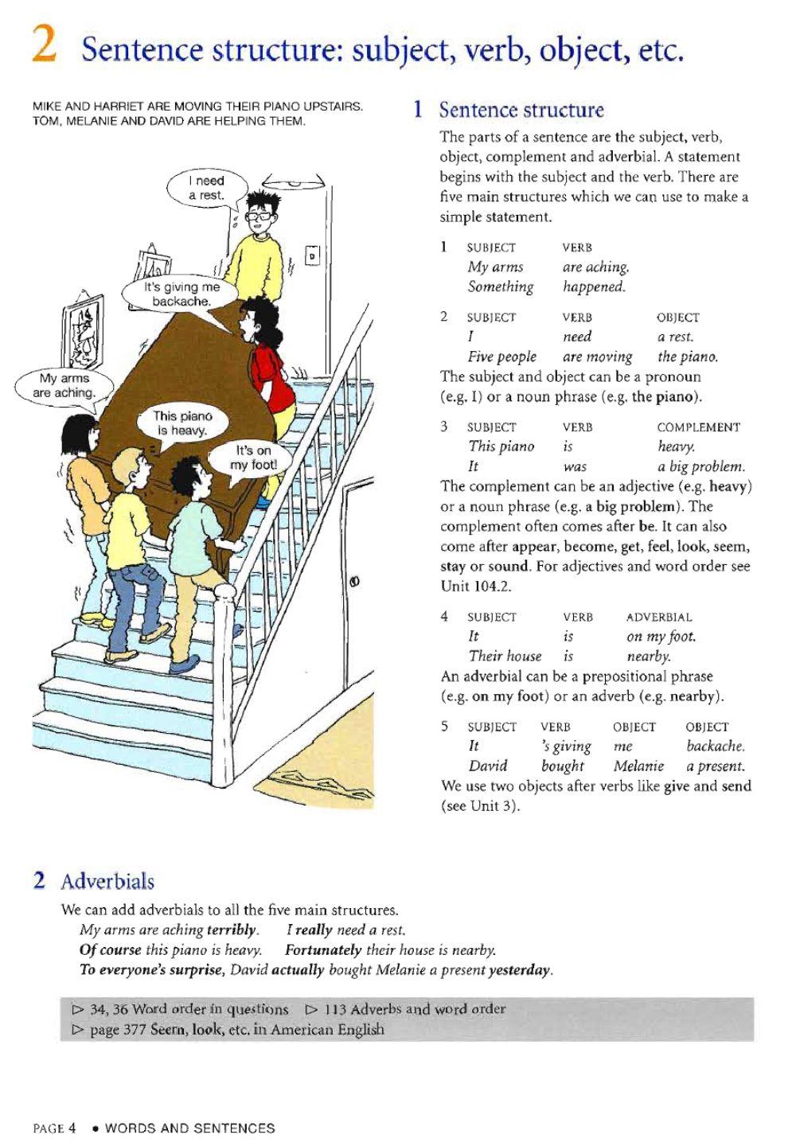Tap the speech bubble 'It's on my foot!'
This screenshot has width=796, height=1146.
[x=252, y=457]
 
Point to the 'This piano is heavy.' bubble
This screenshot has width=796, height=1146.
[x=182, y=423]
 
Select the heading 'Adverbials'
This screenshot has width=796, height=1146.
[x=107, y=882]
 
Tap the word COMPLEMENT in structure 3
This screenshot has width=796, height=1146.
[x=698, y=427]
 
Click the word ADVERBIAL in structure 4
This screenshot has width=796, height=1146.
[x=659, y=617]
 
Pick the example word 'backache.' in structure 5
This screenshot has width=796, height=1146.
[x=715, y=746]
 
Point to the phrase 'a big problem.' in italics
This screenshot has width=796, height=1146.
[x=700, y=466]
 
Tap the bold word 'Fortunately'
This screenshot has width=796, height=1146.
[x=323, y=950]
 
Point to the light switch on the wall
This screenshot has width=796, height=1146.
[x=313, y=256]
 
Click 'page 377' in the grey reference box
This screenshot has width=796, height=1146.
[x=116, y=1029]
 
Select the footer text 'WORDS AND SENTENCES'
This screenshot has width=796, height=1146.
[x=189, y=1128]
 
